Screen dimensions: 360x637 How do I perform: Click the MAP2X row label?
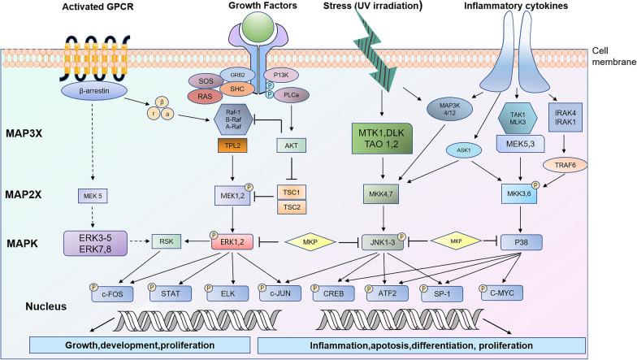click(x=32, y=196)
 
